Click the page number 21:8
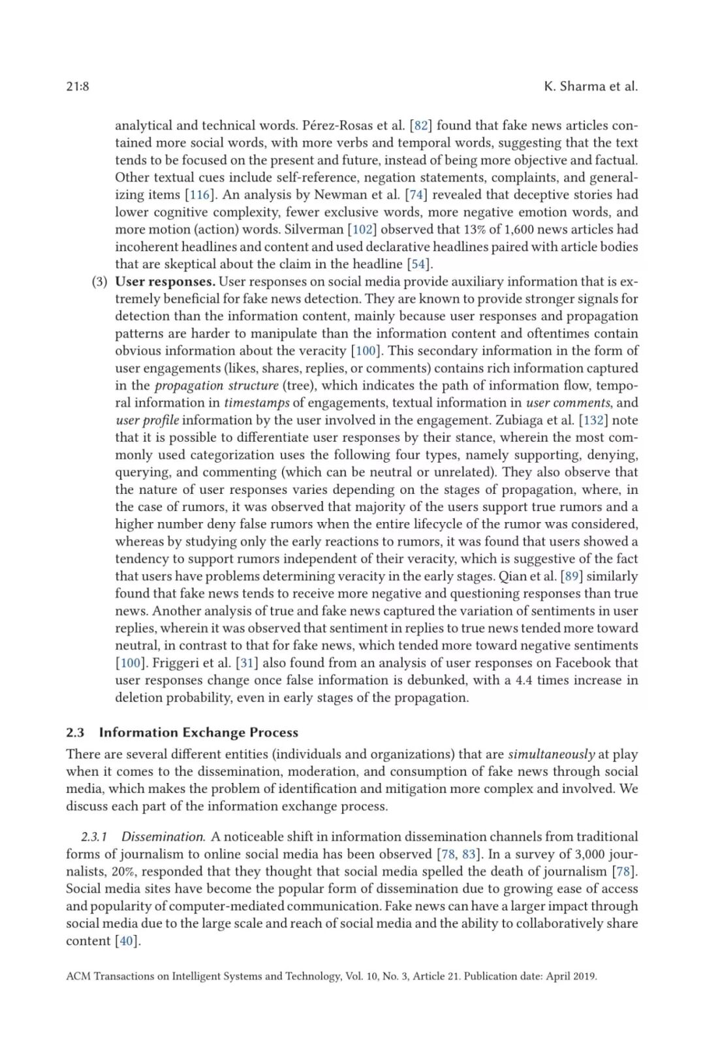tap(78, 86)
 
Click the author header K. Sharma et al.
tap(590, 86)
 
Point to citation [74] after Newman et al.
tap(416, 194)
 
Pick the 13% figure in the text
tap(457, 229)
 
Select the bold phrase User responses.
tap(165, 281)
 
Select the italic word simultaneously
tap(551, 754)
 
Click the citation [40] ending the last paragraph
tap(127, 940)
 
